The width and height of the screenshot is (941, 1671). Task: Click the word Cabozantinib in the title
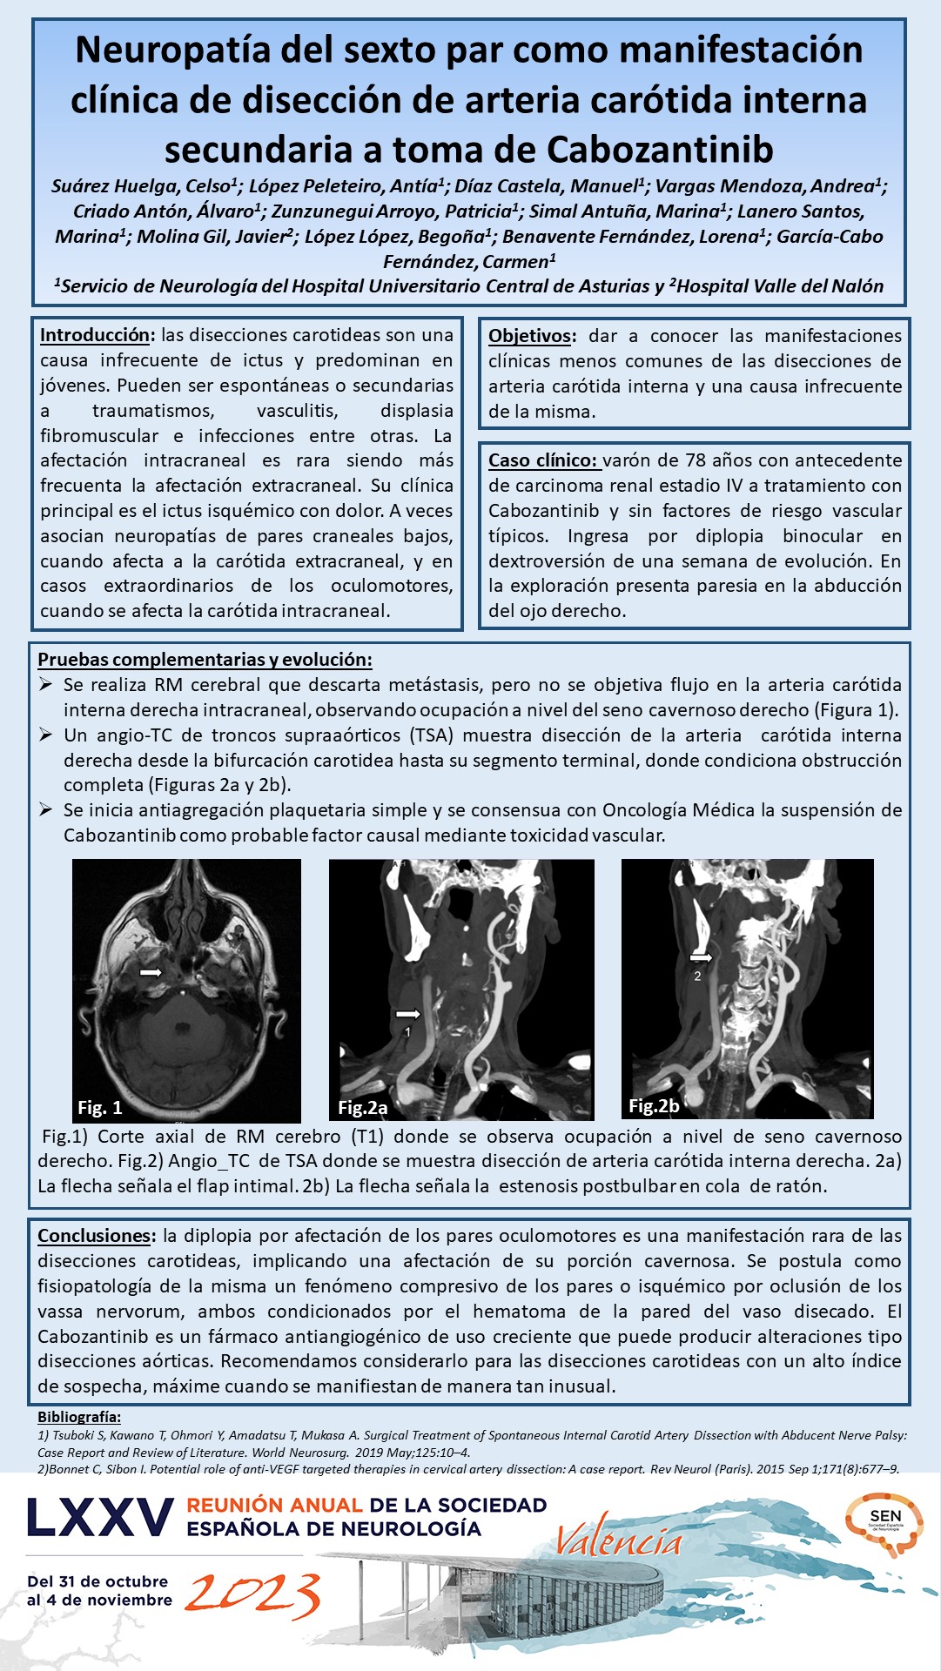[x=660, y=150]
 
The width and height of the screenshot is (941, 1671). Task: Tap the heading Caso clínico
[x=542, y=460]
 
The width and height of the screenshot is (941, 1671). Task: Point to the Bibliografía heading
[x=79, y=1418]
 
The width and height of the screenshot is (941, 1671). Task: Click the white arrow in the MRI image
[x=151, y=970]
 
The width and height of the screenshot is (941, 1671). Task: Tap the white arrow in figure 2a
[x=407, y=1013]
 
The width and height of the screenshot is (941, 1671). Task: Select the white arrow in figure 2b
[x=700, y=957]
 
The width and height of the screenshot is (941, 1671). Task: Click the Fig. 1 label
[x=99, y=1107]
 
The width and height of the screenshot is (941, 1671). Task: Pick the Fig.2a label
[x=362, y=1107]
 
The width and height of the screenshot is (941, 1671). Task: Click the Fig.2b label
[x=654, y=1105]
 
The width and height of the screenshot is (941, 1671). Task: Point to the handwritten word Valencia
[x=618, y=1541]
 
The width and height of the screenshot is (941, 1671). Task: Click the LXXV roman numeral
[x=100, y=1517]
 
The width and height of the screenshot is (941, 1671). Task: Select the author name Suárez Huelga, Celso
[x=145, y=186]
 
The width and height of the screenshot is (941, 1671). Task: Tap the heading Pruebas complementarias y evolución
[x=205, y=660]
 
